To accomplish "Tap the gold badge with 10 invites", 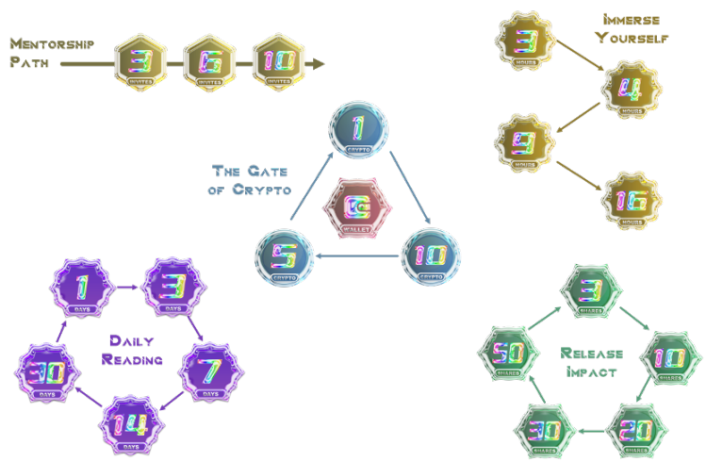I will [279, 62].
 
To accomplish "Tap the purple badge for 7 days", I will [209, 368].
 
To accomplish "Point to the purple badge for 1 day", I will [82, 284].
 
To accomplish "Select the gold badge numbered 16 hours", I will [631, 200].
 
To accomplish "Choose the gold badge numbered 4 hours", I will [631, 89].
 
